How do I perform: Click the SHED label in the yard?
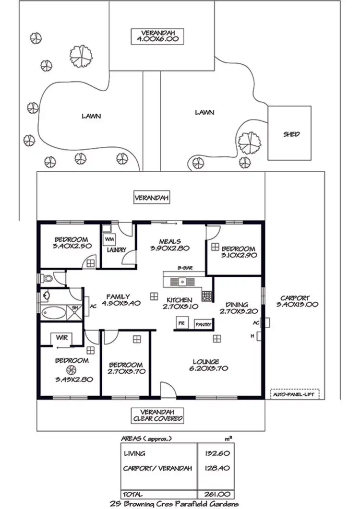(x=291, y=134)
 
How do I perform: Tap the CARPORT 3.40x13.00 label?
(x=295, y=301)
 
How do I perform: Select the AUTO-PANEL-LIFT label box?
(x=295, y=394)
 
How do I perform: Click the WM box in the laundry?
(x=109, y=238)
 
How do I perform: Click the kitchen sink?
(x=182, y=281)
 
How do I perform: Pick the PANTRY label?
(x=203, y=325)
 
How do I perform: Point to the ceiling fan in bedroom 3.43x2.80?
(x=73, y=369)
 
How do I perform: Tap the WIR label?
(x=61, y=338)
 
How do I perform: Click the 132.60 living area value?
(x=212, y=453)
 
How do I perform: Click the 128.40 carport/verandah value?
(x=212, y=466)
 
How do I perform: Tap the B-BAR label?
(x=185, y=268)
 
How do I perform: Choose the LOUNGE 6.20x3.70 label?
(x=206, y=365)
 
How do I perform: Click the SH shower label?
(x=75, y=308)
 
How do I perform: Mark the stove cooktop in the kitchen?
(x=207, y=296)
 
